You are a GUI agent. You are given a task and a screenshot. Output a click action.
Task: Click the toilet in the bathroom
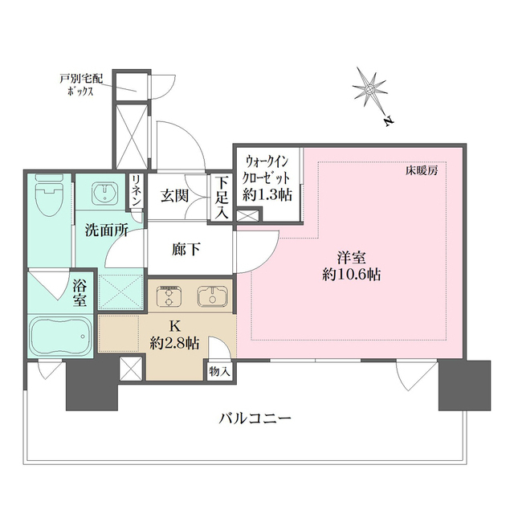pos(48,194)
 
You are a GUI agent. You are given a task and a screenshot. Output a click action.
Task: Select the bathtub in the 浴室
pos(61,337)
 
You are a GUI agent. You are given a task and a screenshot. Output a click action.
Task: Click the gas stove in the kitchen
pos(169,296)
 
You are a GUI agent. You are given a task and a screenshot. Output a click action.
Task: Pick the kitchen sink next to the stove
pos(212,296)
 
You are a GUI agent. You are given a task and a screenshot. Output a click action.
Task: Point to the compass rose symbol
pos(369,88)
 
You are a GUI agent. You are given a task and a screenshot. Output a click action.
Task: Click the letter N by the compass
pos(389,121)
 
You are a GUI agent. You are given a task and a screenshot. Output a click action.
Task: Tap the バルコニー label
pos(255,418)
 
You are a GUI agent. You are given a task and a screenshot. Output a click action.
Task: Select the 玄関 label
pos(174,196)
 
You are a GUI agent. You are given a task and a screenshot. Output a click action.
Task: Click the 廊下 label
pos(186,250)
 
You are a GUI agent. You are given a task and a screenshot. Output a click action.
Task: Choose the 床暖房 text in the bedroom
pos(421,171)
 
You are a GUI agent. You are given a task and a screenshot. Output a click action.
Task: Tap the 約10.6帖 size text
pos(352,275)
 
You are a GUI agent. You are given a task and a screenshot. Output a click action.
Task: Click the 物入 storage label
pos(219,372)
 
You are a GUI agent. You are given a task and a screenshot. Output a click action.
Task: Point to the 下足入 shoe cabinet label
pos(222,198)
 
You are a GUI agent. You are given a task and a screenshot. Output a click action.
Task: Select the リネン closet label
pos(136,190)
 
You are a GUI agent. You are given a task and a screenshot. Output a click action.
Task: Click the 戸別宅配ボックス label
pos(81,84)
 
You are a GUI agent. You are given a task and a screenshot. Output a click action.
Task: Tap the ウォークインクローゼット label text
pos(267,169)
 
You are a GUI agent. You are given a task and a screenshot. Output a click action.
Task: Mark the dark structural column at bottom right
pos(464,385)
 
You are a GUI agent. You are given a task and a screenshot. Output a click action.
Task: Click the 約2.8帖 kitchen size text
pos(174,343)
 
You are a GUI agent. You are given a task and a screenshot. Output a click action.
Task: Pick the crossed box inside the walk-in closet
pos(247,216)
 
